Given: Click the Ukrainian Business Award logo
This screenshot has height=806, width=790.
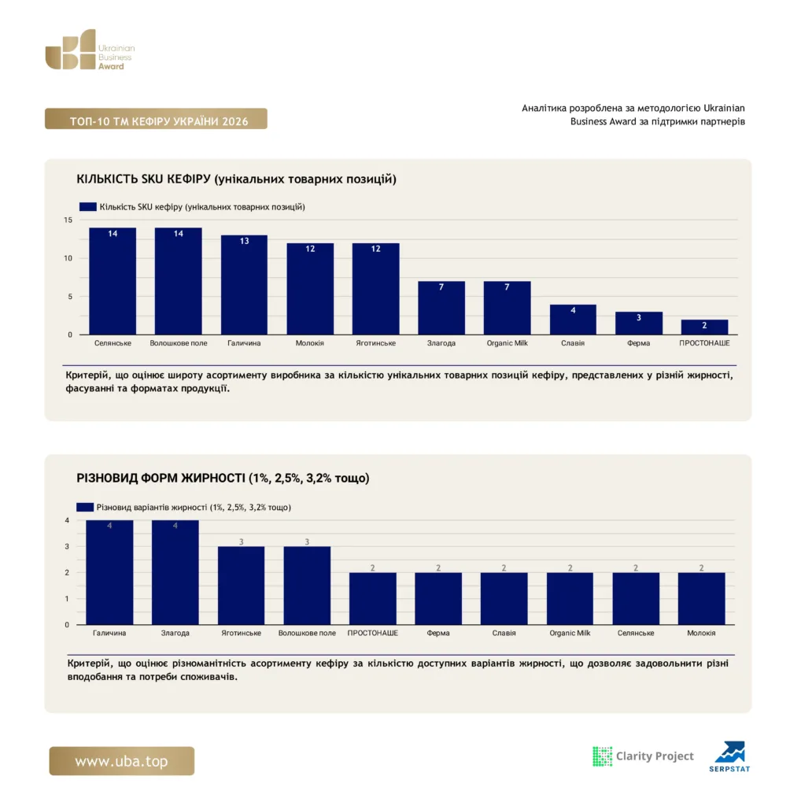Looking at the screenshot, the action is (90, 50).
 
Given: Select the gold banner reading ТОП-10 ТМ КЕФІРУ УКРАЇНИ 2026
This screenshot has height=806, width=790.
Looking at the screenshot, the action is (156, 119).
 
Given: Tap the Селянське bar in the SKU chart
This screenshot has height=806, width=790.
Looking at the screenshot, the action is (113, 281).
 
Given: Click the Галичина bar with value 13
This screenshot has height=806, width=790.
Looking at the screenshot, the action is (244, 285).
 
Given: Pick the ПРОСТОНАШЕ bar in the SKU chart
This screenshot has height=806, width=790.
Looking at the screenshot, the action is (704, 327).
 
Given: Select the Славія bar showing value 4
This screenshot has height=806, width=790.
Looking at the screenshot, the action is (573, 320).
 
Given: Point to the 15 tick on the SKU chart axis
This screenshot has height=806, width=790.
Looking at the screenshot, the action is (68, 220).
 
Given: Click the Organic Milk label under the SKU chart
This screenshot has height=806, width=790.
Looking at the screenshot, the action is (507, 343).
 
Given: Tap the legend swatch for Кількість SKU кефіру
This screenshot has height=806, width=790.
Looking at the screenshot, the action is (88, 207).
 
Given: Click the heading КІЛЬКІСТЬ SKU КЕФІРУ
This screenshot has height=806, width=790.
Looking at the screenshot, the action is (143, 179).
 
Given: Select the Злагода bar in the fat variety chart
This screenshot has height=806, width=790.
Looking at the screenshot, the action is (175, 573).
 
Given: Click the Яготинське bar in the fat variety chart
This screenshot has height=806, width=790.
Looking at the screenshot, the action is (241, 586).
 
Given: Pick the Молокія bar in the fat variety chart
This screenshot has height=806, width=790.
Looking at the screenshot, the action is (701, 599).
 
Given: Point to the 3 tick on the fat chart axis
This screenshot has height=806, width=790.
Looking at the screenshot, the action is (67, 546).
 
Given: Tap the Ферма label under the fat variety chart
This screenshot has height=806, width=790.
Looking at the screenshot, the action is (438, 633).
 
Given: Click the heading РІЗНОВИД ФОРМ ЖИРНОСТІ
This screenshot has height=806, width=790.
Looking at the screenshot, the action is (161, 478).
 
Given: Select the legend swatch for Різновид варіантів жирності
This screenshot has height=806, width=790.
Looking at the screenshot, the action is (85, 507).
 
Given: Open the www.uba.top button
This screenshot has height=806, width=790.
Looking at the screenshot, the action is (122, 761).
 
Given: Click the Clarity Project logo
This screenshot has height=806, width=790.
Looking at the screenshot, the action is (643, 756).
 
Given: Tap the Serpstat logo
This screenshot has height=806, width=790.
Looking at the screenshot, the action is (729, 756).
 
